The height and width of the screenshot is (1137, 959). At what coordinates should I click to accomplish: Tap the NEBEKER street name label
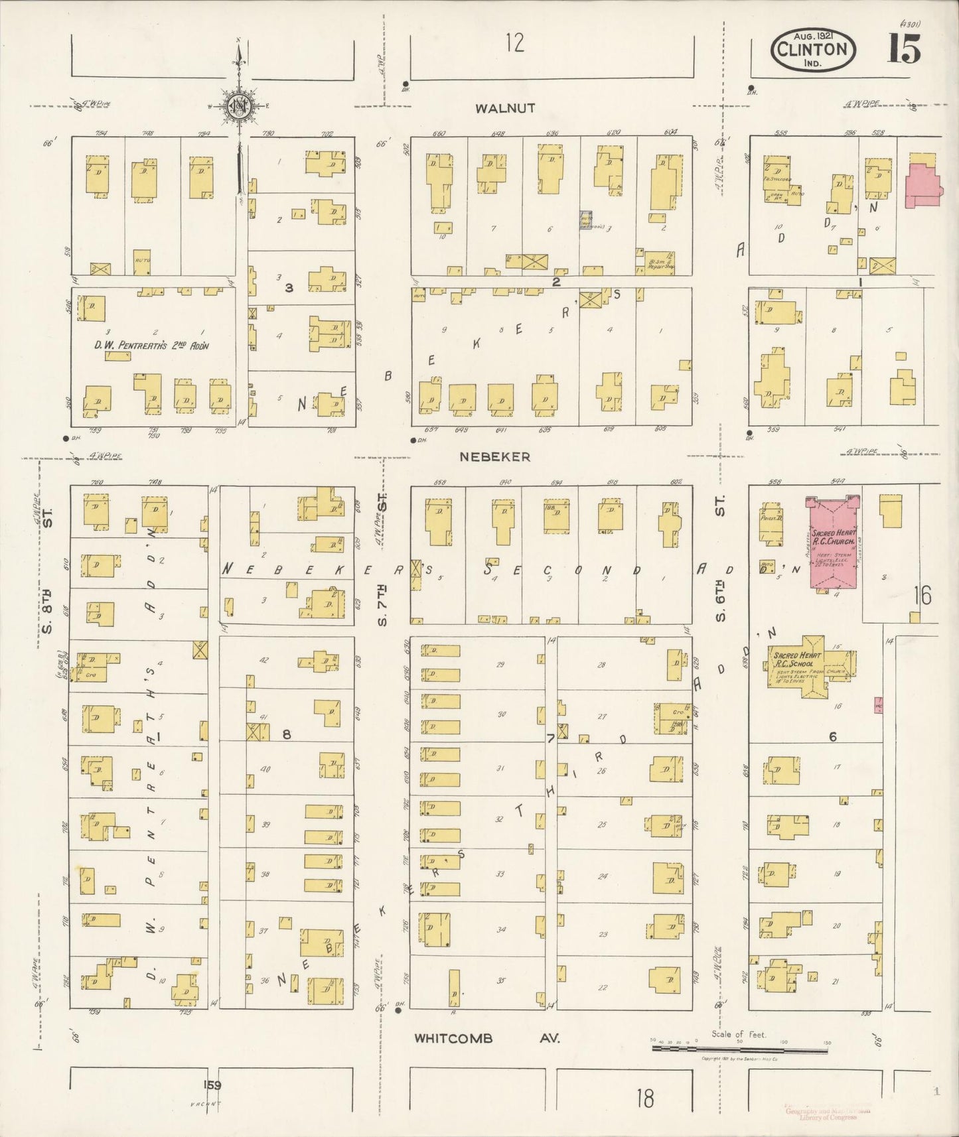click(x=494, y=456)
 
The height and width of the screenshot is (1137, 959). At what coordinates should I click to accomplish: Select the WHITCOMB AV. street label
click(x=487, y=1038)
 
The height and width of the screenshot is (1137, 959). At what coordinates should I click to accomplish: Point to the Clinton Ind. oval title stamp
click(x=813, y=50)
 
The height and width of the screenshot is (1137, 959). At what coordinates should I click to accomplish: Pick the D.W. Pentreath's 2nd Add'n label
click(x=151, y=344)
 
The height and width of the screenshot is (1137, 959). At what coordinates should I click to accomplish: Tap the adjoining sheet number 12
click(x=514, y=43)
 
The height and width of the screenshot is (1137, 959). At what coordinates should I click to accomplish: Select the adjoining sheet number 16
click(x=922, y=596)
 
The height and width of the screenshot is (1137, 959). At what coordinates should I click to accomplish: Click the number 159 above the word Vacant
click(x=212, y=1085)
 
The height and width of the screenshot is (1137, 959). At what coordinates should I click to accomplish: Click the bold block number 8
click(x=287, y=734)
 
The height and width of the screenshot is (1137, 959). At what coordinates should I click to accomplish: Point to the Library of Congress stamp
click(x=820, y=1114)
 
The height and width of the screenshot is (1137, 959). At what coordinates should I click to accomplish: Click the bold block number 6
click(x=832, y=737)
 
